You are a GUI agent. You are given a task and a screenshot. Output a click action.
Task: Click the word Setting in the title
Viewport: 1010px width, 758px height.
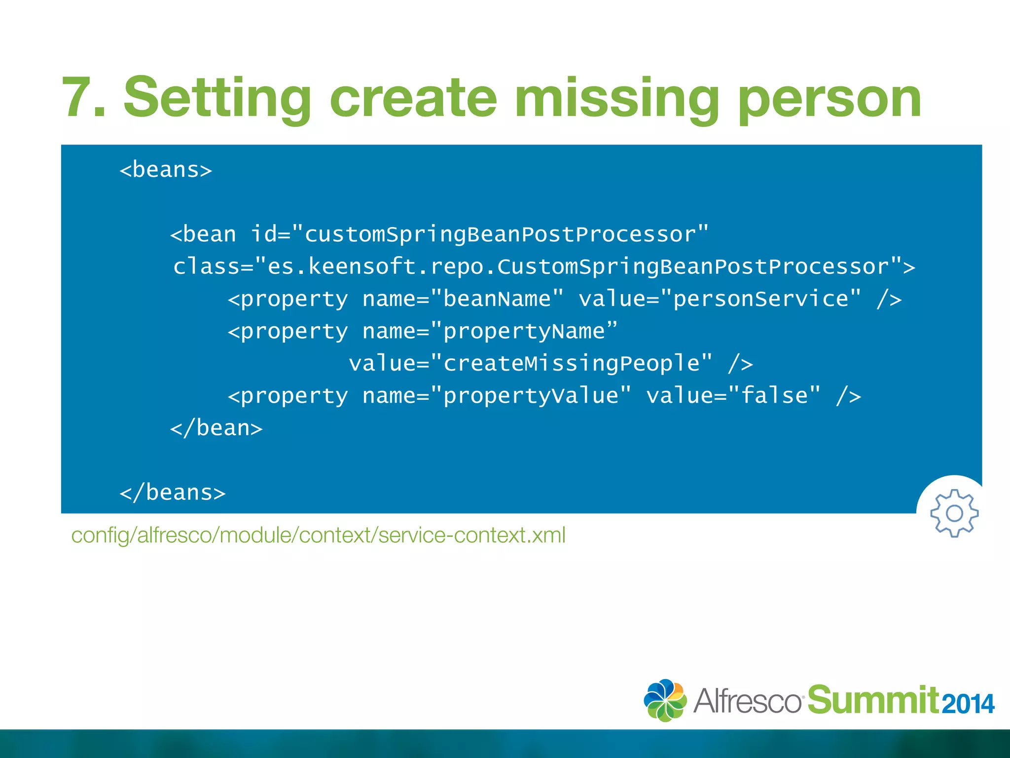(217, 98)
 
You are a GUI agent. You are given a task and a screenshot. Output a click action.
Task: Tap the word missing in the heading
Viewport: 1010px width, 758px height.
(616, 98)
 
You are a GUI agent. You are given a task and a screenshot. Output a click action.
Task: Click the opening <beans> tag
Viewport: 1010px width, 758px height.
(166, 170)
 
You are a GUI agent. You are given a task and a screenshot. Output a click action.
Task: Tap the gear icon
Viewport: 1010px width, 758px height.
(954, 513)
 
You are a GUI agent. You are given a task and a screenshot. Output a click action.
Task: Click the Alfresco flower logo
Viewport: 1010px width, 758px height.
(665, 700)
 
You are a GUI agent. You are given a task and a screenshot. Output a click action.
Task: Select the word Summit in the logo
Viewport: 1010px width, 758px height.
(873, 700)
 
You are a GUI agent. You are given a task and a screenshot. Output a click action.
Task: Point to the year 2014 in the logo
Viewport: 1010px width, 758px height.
(968, 704)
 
